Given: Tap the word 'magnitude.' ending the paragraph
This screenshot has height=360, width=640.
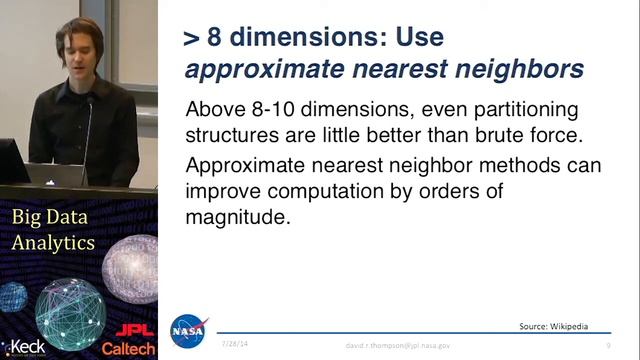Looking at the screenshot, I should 238,215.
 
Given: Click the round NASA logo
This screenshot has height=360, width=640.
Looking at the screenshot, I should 189,331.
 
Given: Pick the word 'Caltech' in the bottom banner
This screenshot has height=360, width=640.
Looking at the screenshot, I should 129,349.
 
